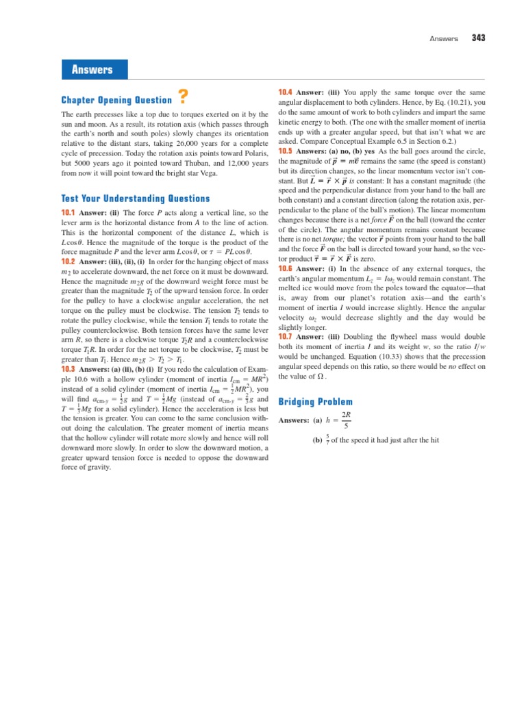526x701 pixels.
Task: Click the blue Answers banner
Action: pos(93,70)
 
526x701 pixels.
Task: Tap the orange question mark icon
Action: pos(183,97)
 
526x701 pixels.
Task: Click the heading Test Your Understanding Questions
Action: pos(136,199)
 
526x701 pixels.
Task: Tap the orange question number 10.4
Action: pos(285,92)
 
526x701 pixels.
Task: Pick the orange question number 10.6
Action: pos(285,268)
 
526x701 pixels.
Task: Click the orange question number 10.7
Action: pos(285,336)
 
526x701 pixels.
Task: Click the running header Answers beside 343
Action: pos(444,39)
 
